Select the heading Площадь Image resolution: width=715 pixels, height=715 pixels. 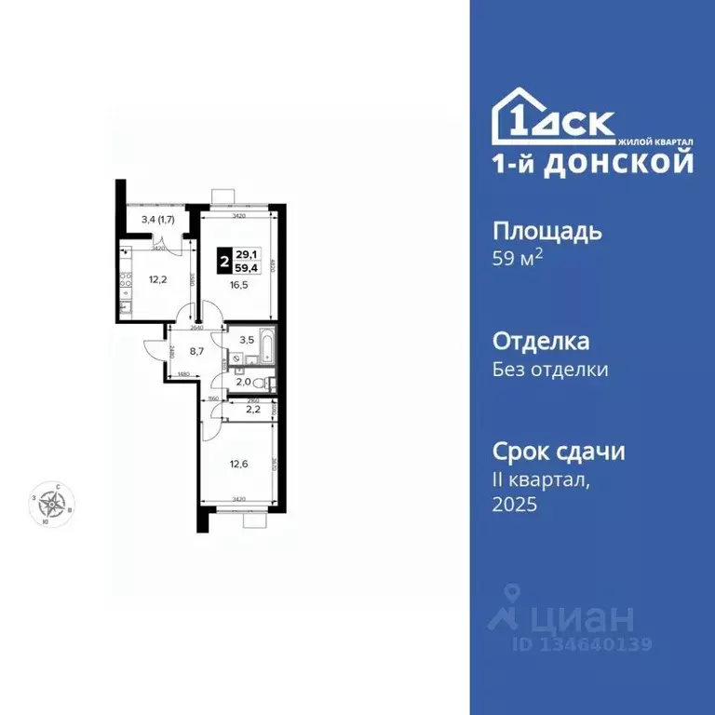pos(546,231)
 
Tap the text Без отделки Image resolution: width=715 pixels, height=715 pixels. pos(550,370)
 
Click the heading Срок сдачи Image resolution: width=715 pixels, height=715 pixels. pos(558,452)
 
